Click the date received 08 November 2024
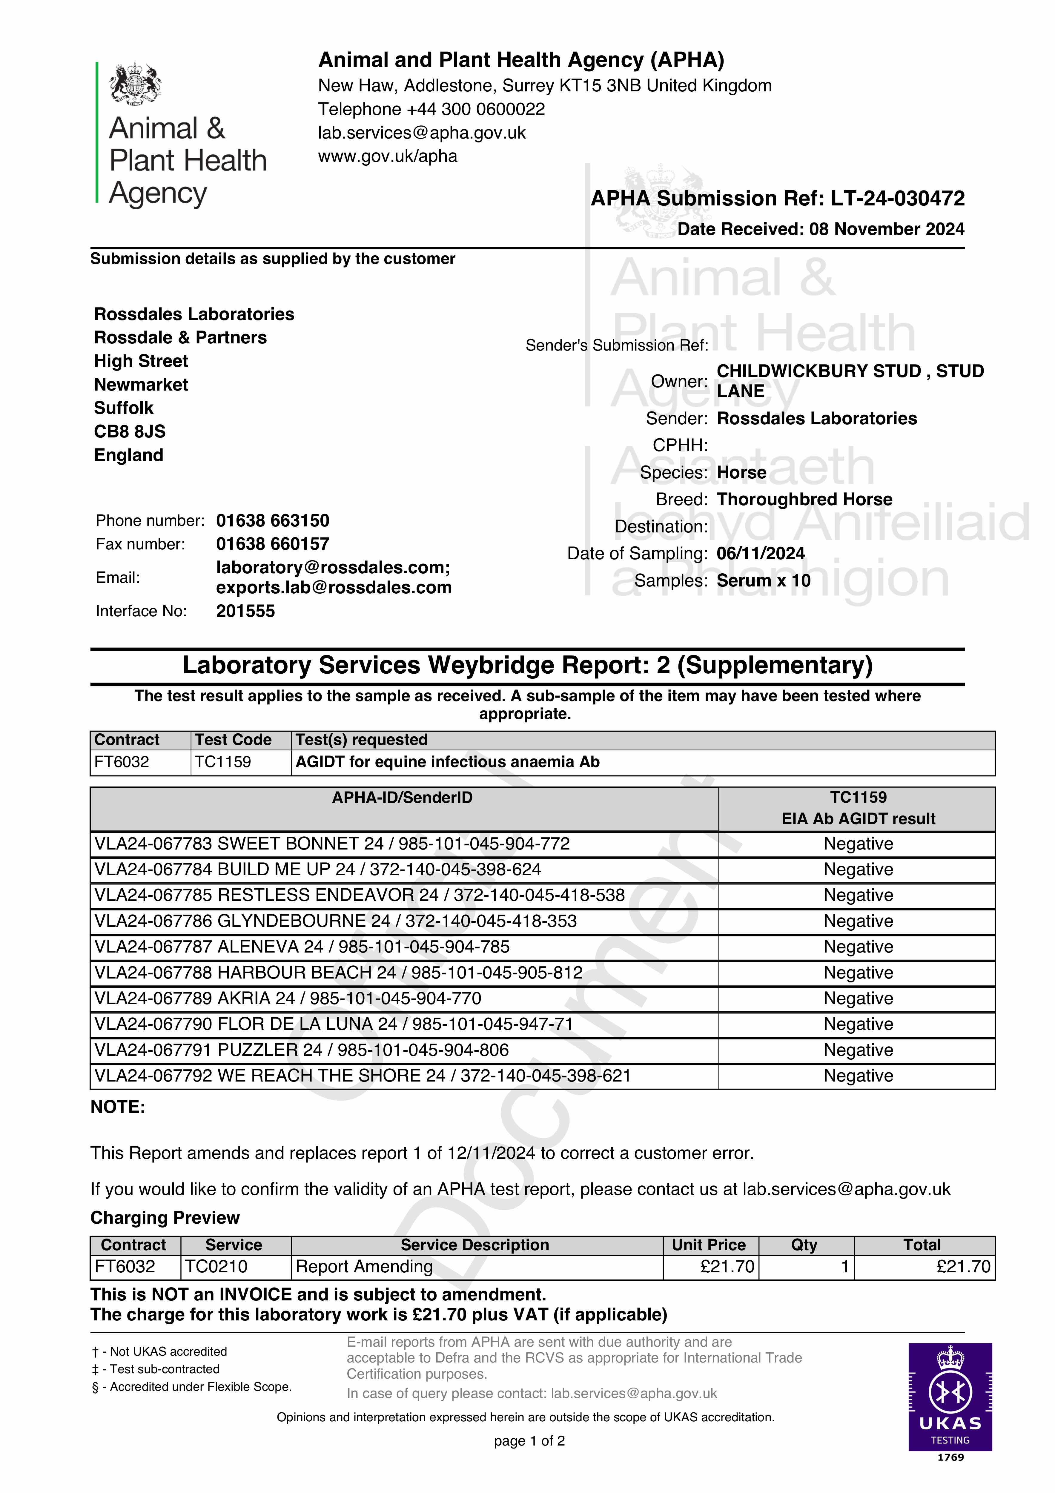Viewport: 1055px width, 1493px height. tap(887, 229)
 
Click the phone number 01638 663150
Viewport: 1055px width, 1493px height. tap(273, 521)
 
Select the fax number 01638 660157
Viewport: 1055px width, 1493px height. tap(273, 544)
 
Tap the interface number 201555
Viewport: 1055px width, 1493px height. tap(245, 611)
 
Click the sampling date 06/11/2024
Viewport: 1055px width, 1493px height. tap(760, 553)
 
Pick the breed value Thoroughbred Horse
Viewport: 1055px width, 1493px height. tap(804, 499)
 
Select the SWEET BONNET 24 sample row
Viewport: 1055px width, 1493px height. tap(332, 844)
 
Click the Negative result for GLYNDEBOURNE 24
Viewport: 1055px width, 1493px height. tap(858, 921)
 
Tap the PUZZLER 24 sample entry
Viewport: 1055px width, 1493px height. tap(301, 1050)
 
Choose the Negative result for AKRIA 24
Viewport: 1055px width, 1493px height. tap(858, 999)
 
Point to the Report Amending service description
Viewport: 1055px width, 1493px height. tap(364, 1267)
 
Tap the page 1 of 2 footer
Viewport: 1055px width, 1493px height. tap(529, 1441)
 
